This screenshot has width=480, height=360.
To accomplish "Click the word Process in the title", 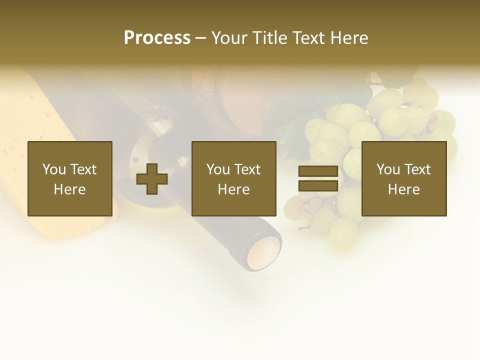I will click(x=157, y=38).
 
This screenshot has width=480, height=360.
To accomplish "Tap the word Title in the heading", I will click(x=266, y=38).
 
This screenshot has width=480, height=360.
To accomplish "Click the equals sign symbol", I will click(x=318, y=178).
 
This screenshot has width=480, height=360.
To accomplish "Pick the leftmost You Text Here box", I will click(x=70, y=178).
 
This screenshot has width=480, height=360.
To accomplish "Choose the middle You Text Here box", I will click(x=233, y=178).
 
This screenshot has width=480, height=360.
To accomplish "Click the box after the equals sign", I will click(x=404, y=178).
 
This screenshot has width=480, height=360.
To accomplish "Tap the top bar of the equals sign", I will click(x=318, y=171).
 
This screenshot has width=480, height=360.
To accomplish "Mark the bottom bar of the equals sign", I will click(x=318, y=186).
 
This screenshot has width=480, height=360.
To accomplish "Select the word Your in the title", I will click(x=228, y=38).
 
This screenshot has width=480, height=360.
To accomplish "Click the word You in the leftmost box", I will click(x=53, y=169).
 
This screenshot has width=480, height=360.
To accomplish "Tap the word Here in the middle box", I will click(x=233, y=189).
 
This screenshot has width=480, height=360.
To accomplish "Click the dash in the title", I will click(x=201, y=38).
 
